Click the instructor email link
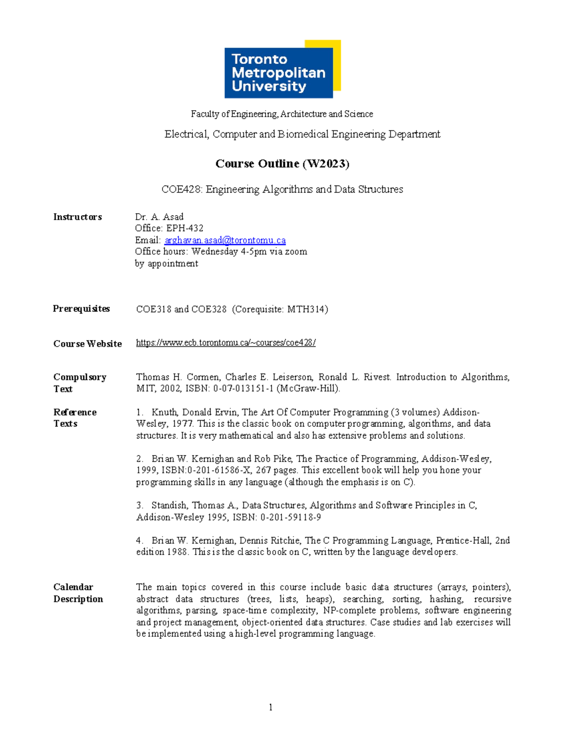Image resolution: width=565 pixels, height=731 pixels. [x=225, y=240]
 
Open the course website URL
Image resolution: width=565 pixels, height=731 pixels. [x=226, y=343]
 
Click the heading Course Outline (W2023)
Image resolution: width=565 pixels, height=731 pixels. [x=282, y=163]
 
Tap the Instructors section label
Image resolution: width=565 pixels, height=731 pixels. [x=78, y=217]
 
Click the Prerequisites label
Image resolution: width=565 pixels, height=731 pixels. [x=81, y=309]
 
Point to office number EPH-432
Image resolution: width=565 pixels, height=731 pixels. [x=185, y=228]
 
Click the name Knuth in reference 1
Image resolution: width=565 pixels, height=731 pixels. [x=164, y=412]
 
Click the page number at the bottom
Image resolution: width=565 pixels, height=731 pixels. [x=271, y=707]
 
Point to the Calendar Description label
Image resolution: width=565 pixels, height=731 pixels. [x=78, y=593]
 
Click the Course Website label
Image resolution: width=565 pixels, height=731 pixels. [x=88, y=344]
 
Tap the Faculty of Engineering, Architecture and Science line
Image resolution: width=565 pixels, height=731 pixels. [x=282, y=114]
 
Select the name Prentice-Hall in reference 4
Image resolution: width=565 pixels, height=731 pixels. [x=463, y=540]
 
